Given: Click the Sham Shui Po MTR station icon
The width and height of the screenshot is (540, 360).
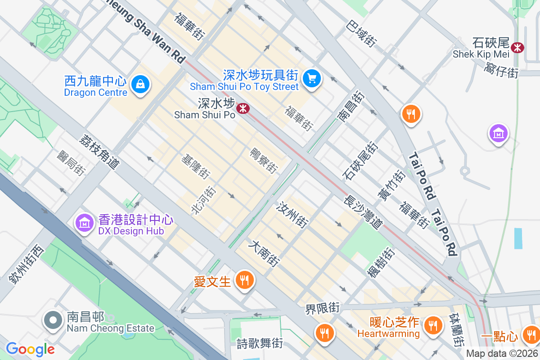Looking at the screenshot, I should click(x=243, y=108).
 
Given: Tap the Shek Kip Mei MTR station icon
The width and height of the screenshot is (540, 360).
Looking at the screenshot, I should click(x=517, y=47).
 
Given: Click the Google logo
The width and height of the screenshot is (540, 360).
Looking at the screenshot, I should click(x=30, y=349).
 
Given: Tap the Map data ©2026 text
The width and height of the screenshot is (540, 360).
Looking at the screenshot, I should click(x=502, y=354).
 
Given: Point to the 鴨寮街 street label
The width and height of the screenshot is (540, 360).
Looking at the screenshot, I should click(x=264, y=161).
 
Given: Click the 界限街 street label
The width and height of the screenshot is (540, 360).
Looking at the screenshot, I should click(x=322, y=309).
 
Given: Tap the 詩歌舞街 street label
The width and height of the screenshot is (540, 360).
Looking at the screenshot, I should click(x=260, y=343).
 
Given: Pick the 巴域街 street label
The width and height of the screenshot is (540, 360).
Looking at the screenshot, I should click(x=361, y=34).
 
